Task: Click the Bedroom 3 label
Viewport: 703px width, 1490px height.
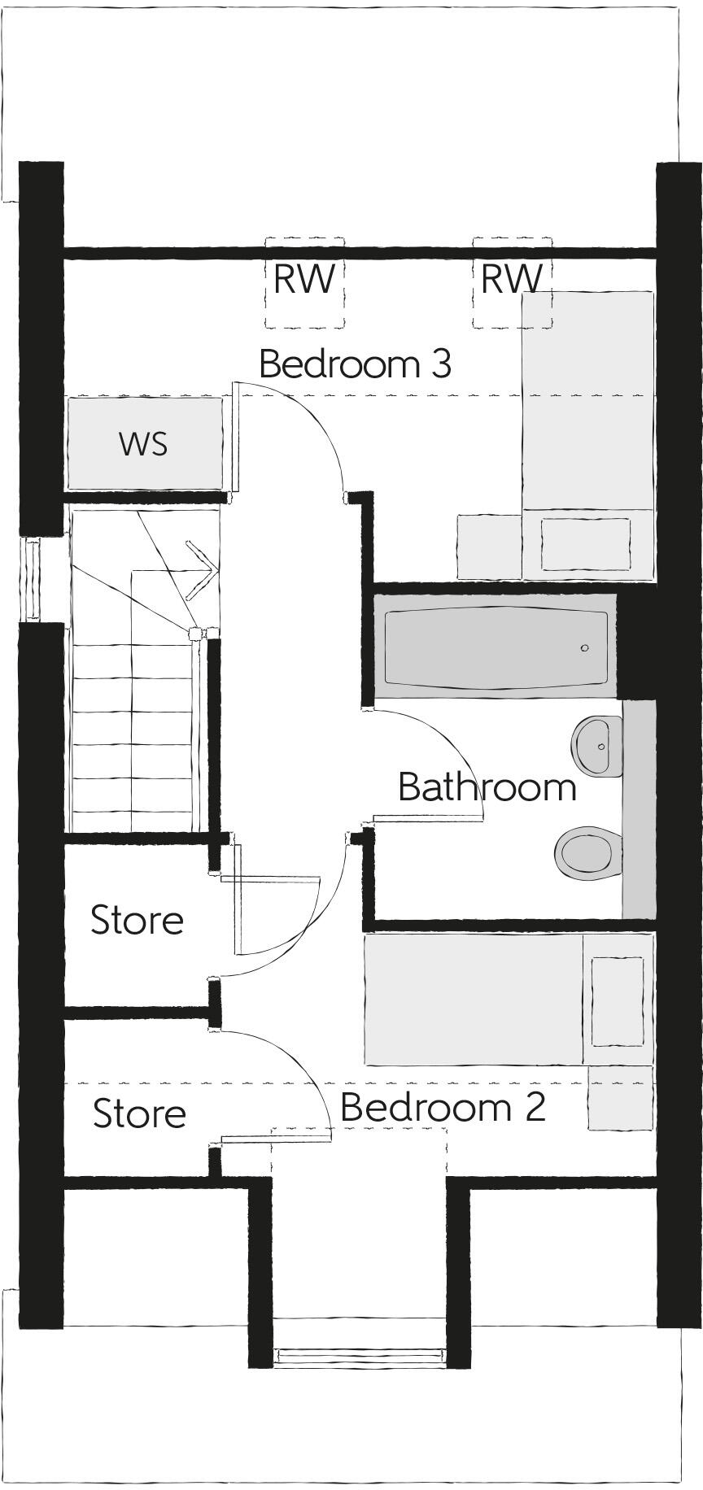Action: click(x=355, y=364)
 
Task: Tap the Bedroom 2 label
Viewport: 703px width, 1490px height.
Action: click(x=443, y=1108)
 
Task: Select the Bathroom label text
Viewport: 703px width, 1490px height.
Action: click(x=487, y=786)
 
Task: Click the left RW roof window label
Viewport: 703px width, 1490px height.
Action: click(x=303, y=279)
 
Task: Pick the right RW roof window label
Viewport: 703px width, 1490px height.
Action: click(x=512, y=279)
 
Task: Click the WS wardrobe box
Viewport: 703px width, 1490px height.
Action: click(x=144, y=444)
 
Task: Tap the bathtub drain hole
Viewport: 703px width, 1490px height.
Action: click(x=584, y=648)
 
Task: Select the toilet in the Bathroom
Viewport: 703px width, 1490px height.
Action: click(x=584, y=852)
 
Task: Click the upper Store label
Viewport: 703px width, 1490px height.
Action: click(x=137, y=920)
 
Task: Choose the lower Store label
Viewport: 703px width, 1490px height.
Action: click(x=139, y=1113)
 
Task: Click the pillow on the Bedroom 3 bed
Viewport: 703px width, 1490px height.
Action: click(x=586, y=544)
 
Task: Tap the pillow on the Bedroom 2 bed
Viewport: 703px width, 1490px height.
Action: click(x=618, y=1001)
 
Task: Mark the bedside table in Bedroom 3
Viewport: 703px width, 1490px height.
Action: click(x=488, y=547)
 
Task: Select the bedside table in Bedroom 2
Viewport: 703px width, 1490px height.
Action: click(x=620, y=1098)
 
